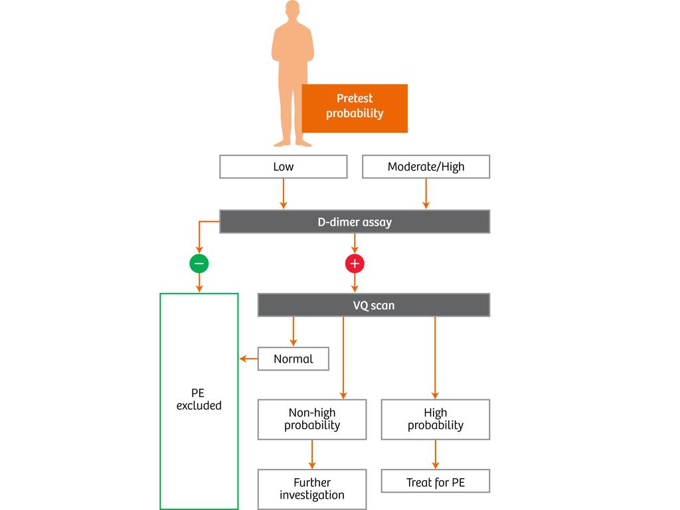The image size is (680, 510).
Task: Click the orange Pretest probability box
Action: click(355, 108)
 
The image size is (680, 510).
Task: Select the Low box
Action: click(283, 167)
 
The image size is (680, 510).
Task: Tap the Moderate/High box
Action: click(426, 167)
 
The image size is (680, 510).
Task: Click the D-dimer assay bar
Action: click(354, 222)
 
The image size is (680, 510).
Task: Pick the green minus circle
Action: click(199, 264)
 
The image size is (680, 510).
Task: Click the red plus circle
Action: click(355, 264)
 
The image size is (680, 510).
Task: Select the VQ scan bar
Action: click(373, 305)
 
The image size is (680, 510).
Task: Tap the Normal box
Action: click(293, 359)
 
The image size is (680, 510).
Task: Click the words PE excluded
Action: click(199, 399)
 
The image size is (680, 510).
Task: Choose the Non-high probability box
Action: click(311, 419)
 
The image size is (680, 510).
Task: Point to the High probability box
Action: click(435, 419)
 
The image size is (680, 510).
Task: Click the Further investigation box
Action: click(311, 489)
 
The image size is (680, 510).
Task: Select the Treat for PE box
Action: click(435, 481)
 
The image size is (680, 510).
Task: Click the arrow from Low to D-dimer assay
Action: click(283, 194)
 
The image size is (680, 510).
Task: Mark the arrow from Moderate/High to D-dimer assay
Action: click(426, 194)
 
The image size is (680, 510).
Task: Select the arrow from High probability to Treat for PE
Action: click(435, 454)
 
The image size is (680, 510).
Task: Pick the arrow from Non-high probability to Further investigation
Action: click(311, 454)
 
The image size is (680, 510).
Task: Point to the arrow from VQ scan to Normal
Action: click(293, 331)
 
